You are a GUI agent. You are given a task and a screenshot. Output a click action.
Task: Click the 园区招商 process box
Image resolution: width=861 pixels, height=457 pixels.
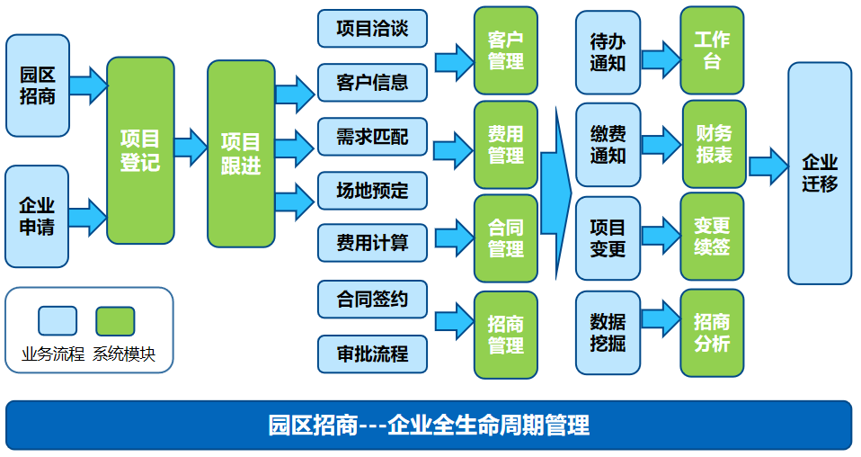37,85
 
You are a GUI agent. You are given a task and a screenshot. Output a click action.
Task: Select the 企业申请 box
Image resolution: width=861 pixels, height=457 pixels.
37,216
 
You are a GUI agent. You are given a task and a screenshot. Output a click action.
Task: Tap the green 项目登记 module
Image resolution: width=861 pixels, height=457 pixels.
140,150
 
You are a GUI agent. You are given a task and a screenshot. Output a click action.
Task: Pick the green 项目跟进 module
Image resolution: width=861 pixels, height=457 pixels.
241,153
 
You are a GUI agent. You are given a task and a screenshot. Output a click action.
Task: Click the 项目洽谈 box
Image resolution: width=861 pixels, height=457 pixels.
372,28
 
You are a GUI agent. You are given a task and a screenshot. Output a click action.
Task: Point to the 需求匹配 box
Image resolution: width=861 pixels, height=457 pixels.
372,137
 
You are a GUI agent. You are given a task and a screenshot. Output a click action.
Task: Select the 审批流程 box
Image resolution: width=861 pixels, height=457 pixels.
372,354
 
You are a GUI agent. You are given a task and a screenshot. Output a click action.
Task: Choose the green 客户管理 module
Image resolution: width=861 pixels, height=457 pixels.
506,50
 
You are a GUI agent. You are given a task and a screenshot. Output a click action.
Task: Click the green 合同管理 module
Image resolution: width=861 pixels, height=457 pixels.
506,237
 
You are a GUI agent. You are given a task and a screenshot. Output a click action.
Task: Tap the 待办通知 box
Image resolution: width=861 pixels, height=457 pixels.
608,52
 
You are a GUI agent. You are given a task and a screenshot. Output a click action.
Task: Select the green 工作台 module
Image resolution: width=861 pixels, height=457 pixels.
712,50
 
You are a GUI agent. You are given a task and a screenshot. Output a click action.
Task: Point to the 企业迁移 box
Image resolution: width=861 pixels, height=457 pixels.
819,173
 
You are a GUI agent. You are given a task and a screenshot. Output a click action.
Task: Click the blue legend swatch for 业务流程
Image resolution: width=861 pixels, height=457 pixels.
58,320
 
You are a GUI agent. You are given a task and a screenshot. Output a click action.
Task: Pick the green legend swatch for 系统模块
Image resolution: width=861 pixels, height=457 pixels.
115,320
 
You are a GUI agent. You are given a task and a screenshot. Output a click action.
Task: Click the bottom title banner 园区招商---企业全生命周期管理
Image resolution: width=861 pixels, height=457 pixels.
429,425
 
